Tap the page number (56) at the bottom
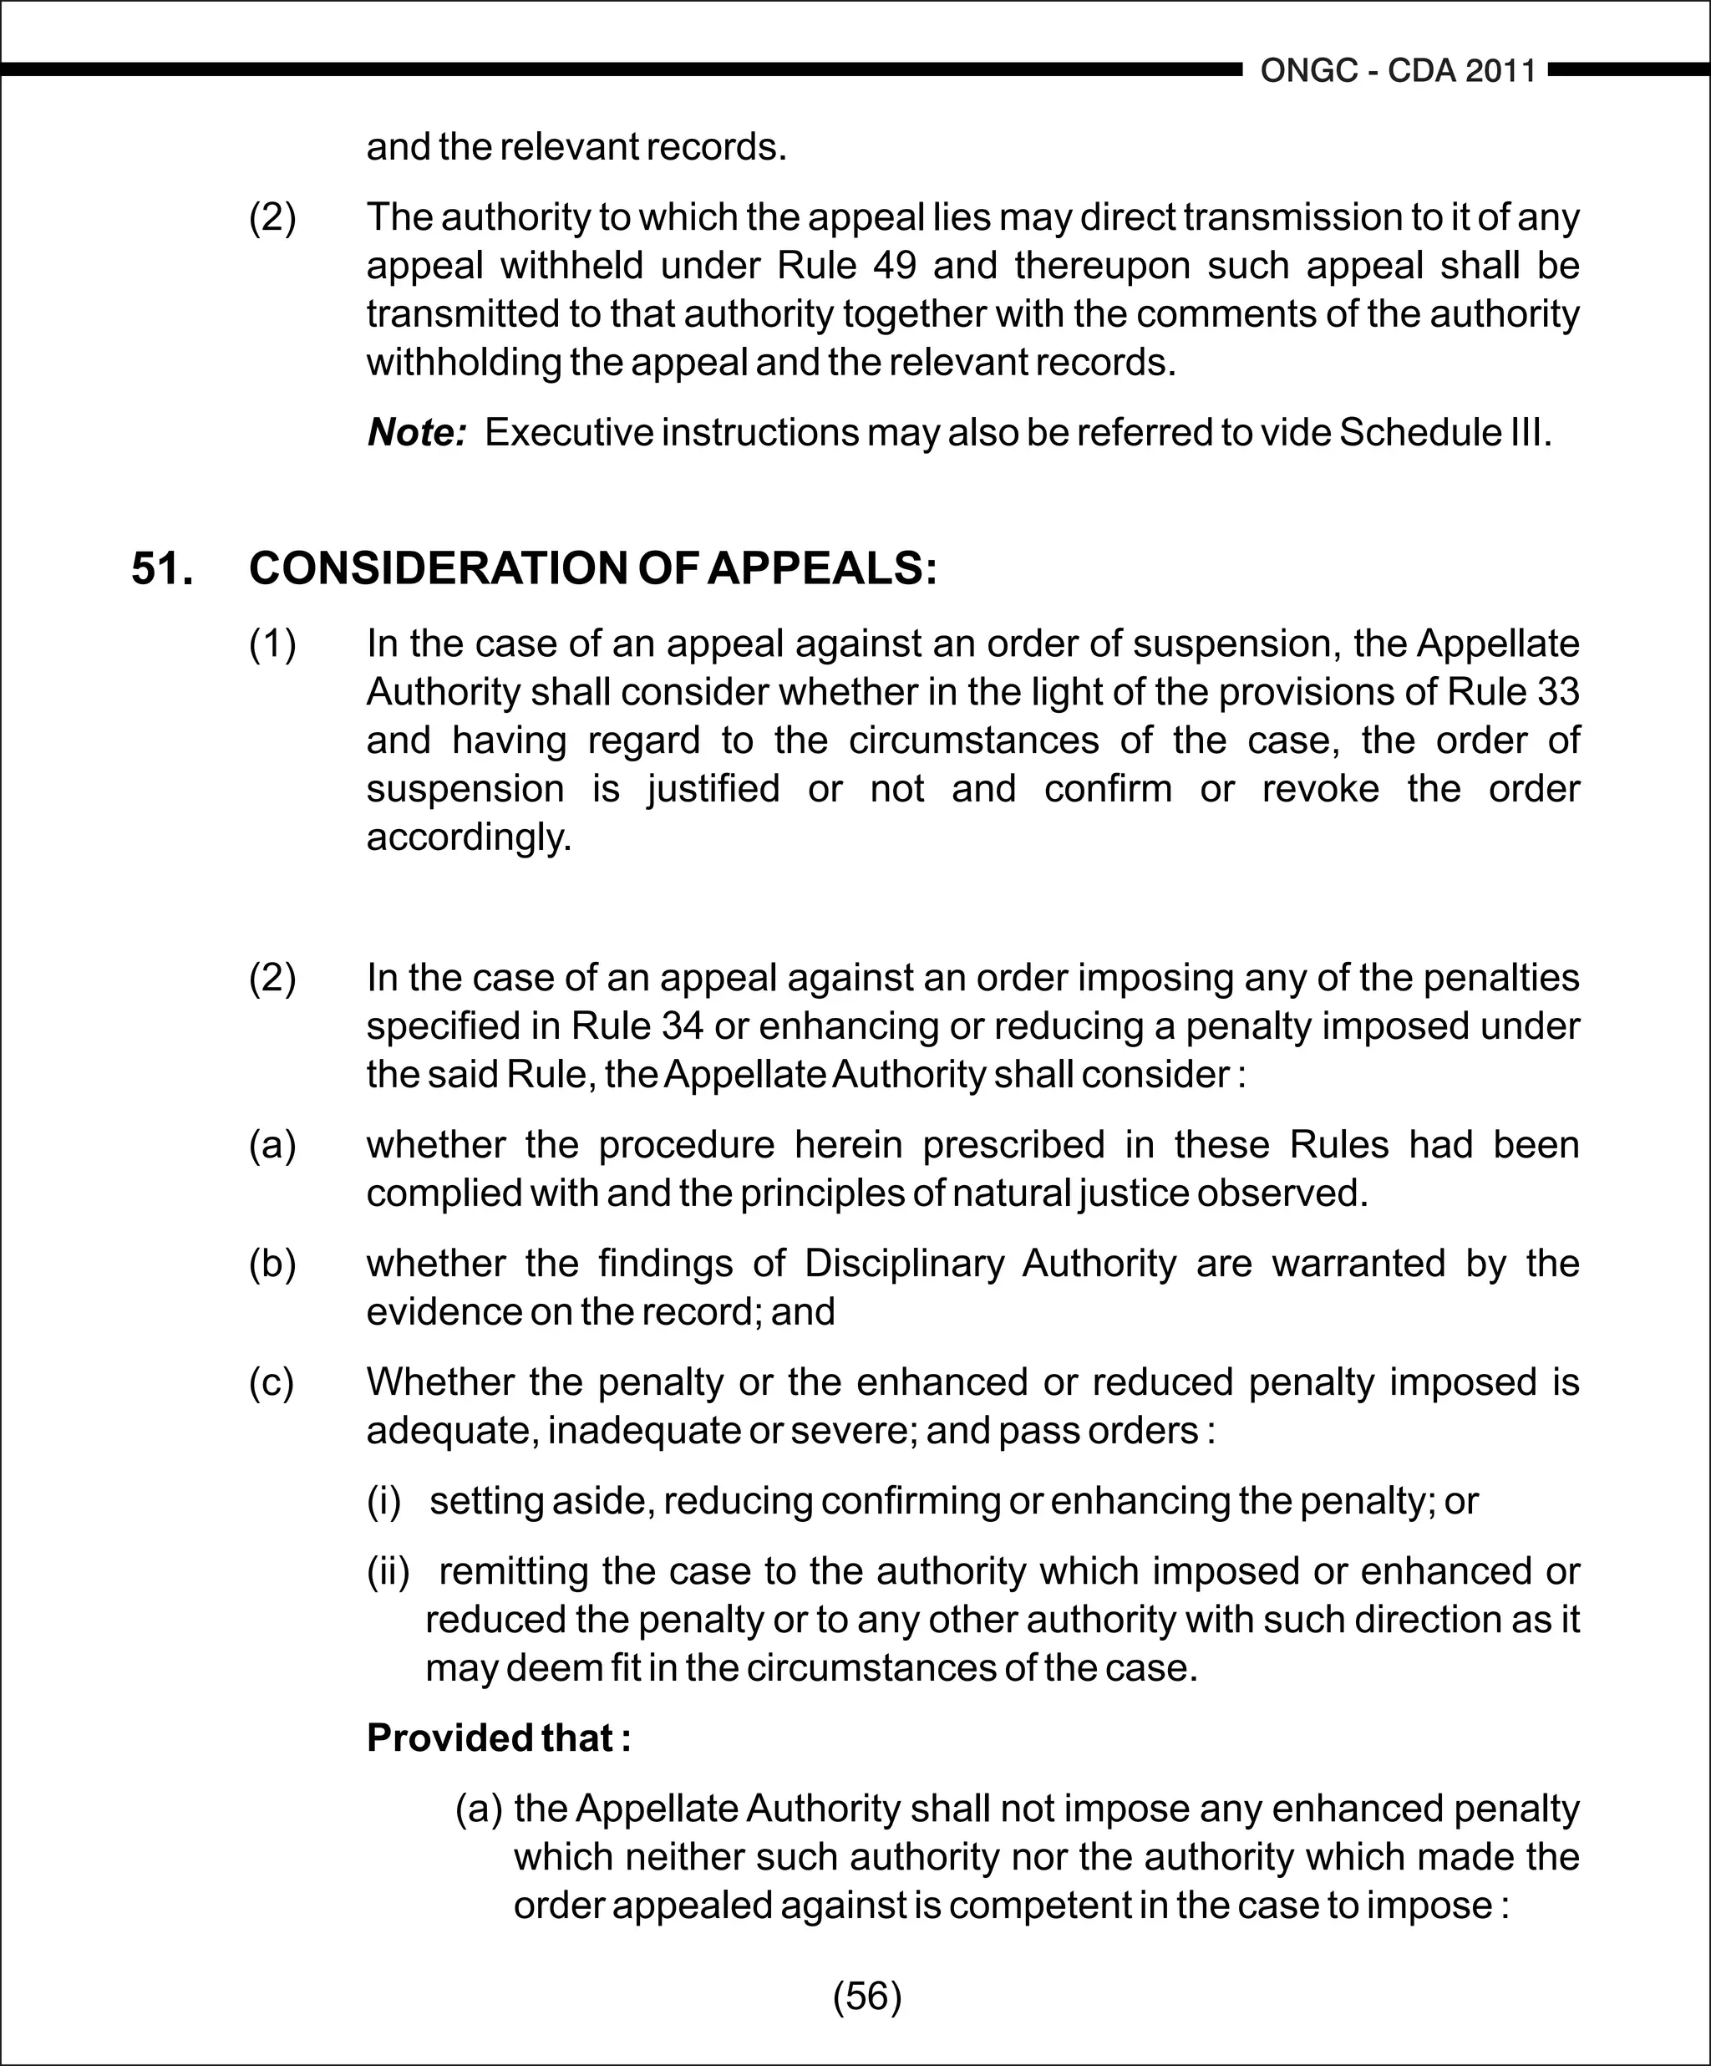(x=866, y=1996)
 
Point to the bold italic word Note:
(x=416, y=433)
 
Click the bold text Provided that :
(x=498, y=1738)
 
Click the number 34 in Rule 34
(x=683, y=1026)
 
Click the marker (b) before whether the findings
(x=272, y=1263)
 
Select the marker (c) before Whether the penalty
(x=272, y=1382)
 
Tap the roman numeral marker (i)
(x=384, y=1501)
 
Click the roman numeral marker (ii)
(x=388, y=1571)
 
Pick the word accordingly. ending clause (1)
(x=468, y=837)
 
